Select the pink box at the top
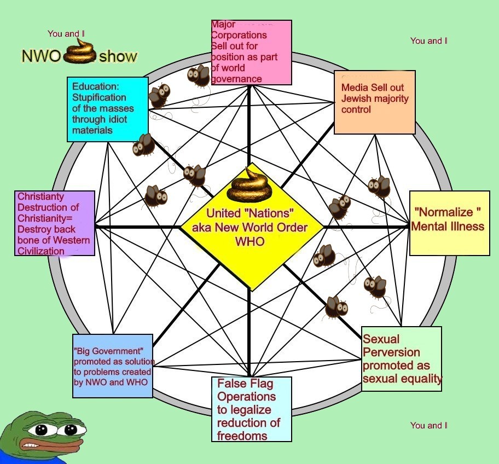[252, 53]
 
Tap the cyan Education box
[107, 109]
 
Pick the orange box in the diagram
[374, 102]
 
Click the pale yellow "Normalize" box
[449, 223]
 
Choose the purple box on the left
[54, 223]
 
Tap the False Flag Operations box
[251, 409]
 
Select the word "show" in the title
[118, 56]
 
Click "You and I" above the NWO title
[66, 34]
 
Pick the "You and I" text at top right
[428, 40]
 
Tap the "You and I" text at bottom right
[428, 425]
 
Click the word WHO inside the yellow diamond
[249, 241]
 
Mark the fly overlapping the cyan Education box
[159, 96]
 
